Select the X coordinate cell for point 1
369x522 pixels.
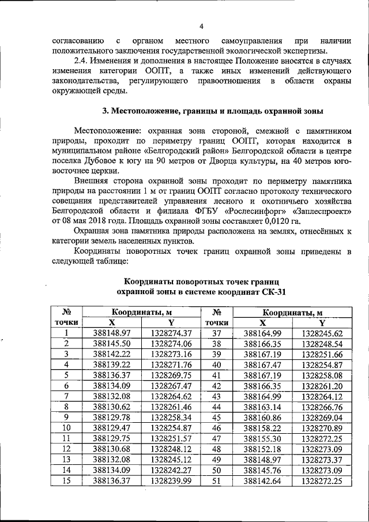[112, 333]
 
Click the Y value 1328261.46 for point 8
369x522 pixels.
[171, 406]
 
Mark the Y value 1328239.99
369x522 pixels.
[171, 480]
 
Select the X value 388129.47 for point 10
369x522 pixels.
[112, 427]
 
